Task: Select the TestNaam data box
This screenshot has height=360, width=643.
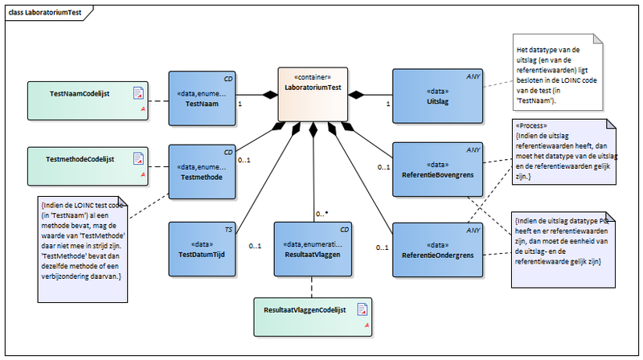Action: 202,96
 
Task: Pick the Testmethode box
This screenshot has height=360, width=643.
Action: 202,172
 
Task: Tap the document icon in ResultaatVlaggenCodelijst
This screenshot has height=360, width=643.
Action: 363,309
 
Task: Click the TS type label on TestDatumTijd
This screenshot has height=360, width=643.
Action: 229,230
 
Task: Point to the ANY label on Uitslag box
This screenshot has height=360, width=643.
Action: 474,77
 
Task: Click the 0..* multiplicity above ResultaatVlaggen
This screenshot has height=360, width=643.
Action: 322,214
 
